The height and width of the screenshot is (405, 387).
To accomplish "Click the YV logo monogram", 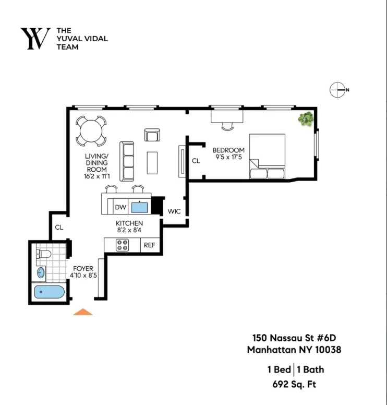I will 35,39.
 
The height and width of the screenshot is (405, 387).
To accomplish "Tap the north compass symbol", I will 338,90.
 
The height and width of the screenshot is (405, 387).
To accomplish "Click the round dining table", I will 91,130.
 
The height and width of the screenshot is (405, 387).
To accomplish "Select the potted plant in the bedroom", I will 306,120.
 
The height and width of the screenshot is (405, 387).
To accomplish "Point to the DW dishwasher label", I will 120,207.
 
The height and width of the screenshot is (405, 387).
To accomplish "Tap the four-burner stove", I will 123,245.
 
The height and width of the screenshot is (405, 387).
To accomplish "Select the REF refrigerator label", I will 149,245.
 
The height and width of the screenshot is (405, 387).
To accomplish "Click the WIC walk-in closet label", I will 173,211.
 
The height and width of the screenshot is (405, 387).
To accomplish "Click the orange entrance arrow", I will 82,312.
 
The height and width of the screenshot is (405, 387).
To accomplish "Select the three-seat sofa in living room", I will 127,160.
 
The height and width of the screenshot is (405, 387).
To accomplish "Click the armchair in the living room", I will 152,135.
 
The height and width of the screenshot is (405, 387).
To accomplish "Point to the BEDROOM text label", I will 228,150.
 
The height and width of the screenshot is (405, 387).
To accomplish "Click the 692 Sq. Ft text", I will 294,385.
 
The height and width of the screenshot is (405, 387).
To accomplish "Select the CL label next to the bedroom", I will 196,161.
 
